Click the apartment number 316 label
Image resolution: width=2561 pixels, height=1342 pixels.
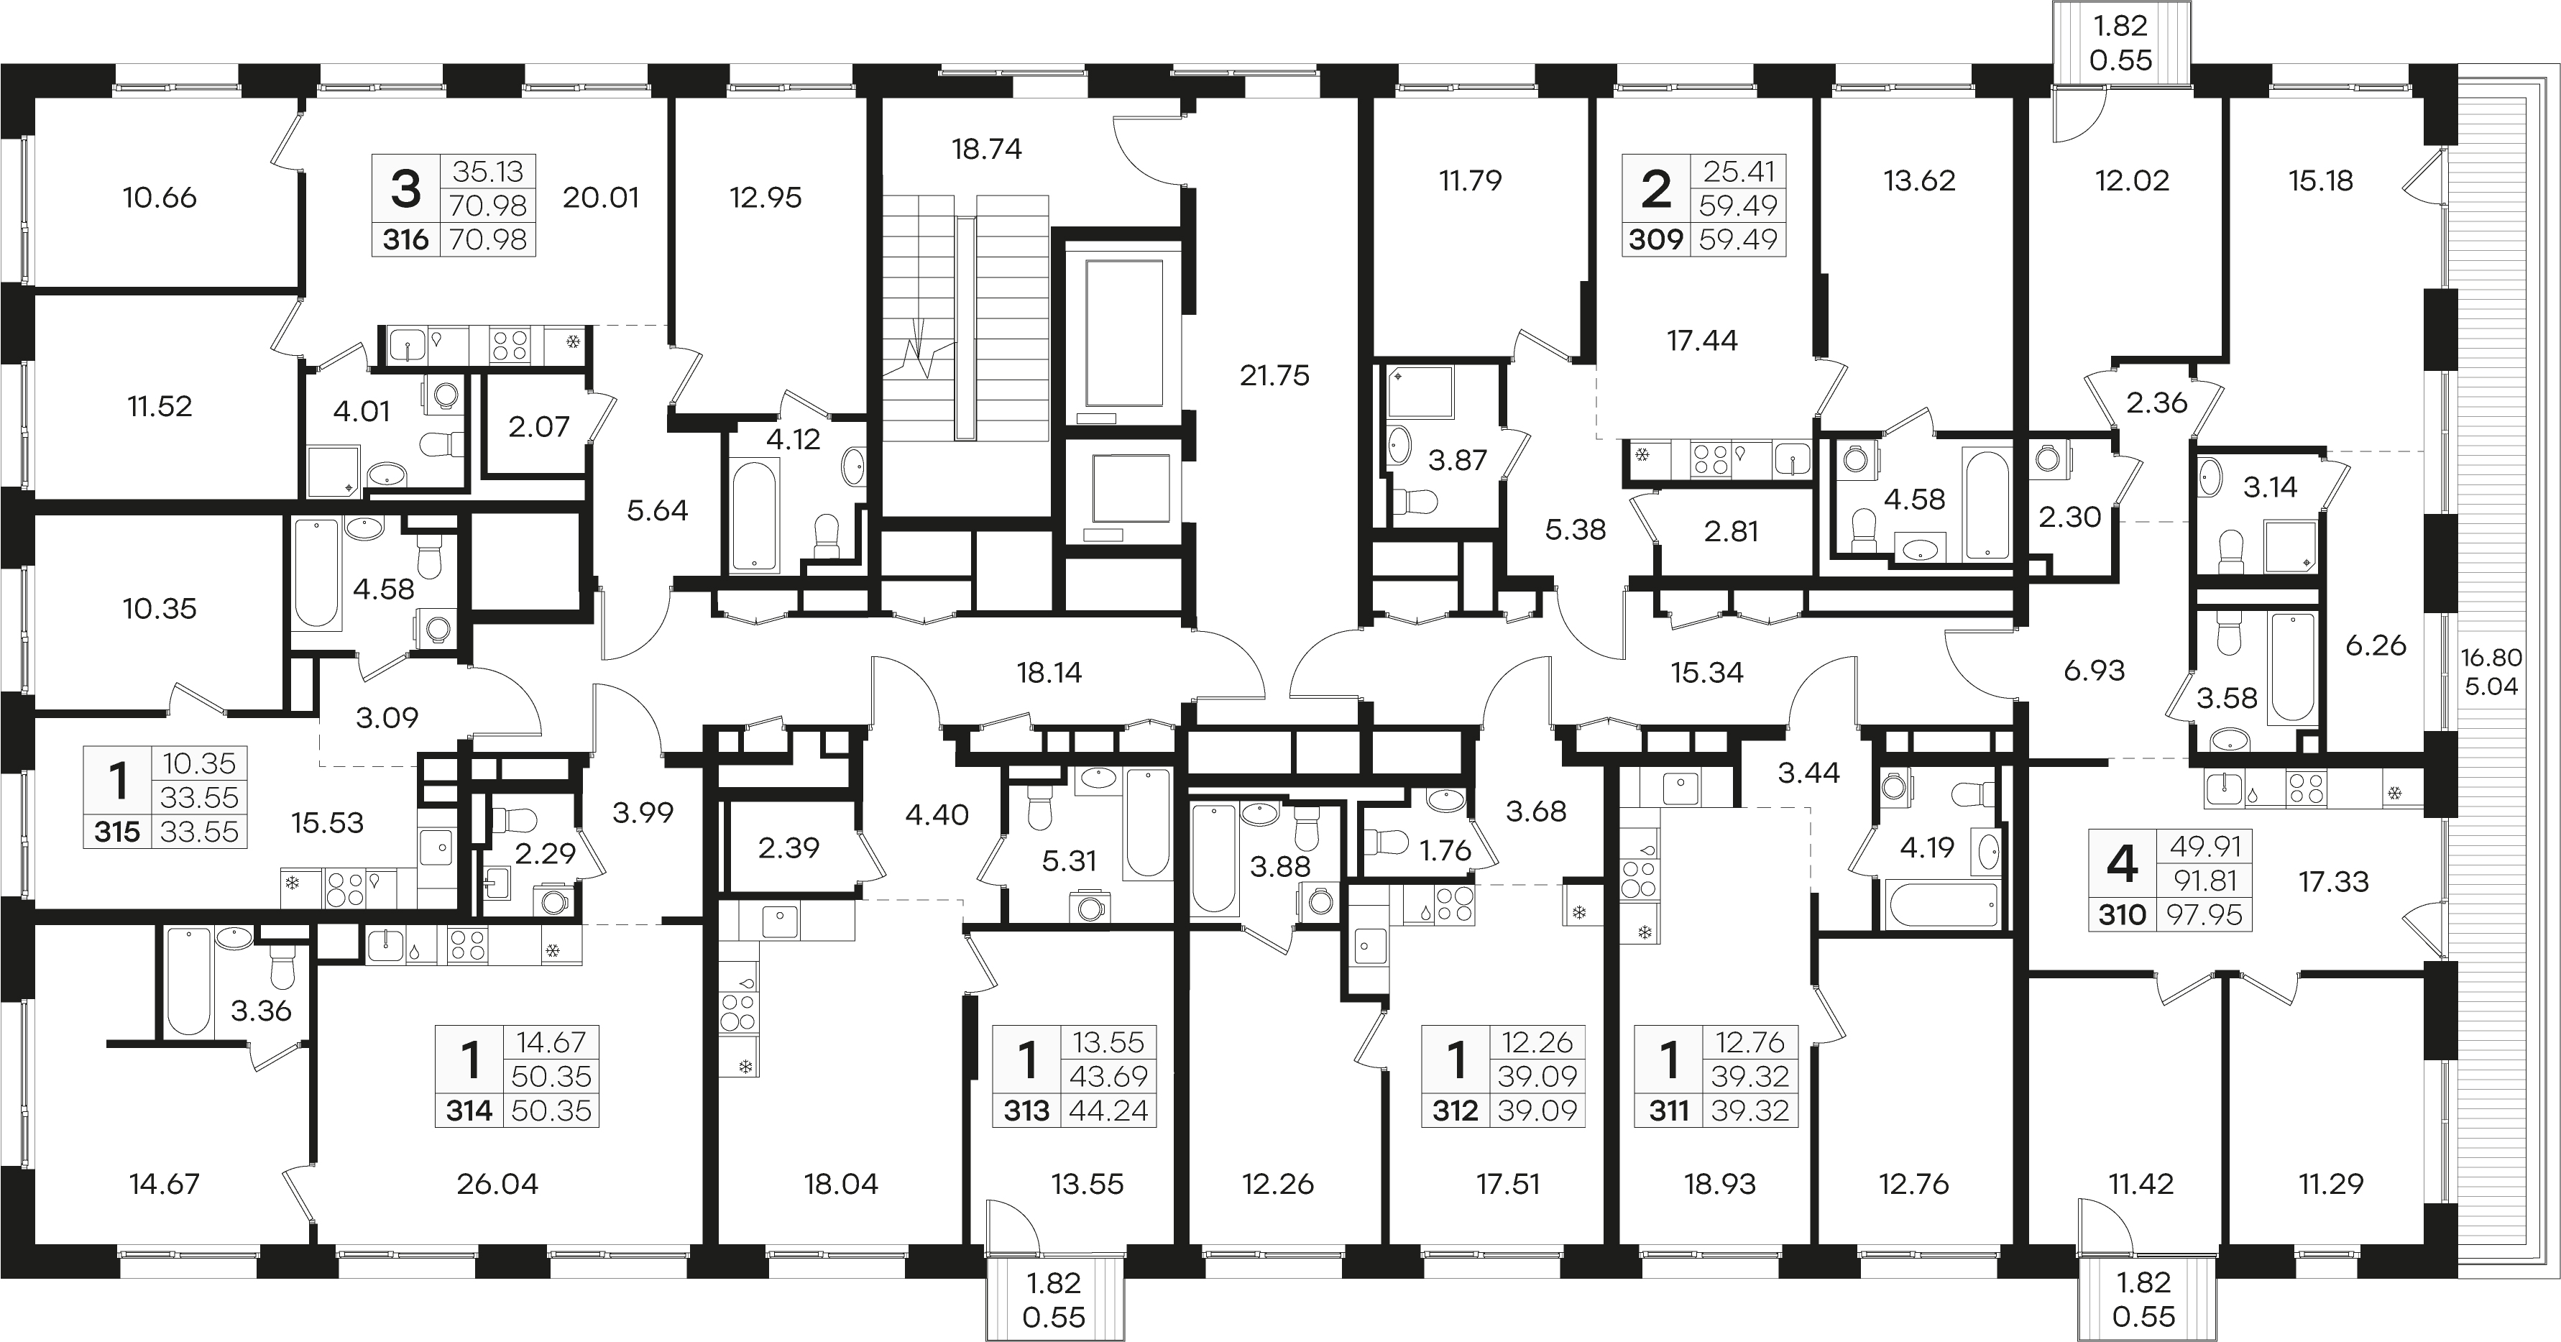(405, 239)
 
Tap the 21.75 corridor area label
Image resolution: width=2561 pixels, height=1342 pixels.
(1274, 376)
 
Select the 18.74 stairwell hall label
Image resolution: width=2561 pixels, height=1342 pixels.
(986, 149)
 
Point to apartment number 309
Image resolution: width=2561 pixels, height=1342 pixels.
(1656, 239)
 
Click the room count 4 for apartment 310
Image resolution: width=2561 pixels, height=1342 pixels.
(2122, 864)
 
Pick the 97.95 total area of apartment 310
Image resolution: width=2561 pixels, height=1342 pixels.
(2205, 914)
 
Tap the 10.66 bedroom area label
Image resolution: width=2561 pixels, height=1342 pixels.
(160, 198)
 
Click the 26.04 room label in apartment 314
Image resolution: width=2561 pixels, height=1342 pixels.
(497, 1184)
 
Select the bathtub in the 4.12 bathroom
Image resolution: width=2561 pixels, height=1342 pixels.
(755, 516)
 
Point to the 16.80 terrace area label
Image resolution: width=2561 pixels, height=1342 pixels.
(2491, 657)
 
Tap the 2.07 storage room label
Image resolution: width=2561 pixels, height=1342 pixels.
(539, 426)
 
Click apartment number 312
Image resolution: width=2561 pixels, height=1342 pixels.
(1456, 1111)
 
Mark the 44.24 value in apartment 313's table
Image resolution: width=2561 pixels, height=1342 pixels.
(1108, 1111)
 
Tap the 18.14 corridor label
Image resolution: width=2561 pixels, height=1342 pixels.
(1049, 673)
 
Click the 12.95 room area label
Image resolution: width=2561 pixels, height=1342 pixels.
(765, 198)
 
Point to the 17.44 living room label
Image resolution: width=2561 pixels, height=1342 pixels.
(1702, 341)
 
